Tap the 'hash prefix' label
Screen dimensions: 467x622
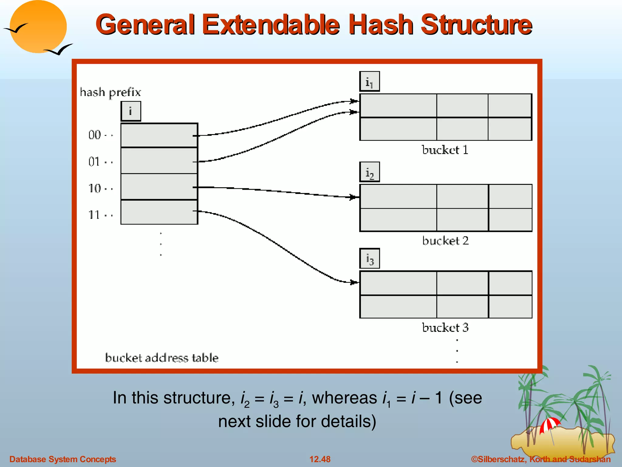[x=110, y=92]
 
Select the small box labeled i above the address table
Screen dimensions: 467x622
[x=131, y=111]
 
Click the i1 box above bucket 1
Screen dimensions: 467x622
[x=369, y=81]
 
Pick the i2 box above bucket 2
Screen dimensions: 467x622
[x=369, y=172]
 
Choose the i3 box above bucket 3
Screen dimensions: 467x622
[x=369, y=259]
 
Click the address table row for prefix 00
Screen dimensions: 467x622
[x=159, y=136]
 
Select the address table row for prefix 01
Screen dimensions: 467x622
[x=159, y=161]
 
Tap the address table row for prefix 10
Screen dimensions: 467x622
[x=159, y=187]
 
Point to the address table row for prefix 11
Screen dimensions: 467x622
[x=159, y=212]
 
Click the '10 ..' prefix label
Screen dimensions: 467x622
[x=101, y=189]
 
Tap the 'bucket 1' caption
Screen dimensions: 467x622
[x=445, y=150]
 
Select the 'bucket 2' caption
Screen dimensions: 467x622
[x=445, y=241]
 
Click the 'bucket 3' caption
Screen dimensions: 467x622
[x=445, y=327]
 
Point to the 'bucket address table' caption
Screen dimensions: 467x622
[x=162, y=358]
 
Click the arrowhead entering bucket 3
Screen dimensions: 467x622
[x=354, y=282]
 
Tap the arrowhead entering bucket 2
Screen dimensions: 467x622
[x=354, y=197]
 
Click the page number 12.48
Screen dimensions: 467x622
[x=320, y=459]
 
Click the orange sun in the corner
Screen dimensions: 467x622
[x=38, y=27]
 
